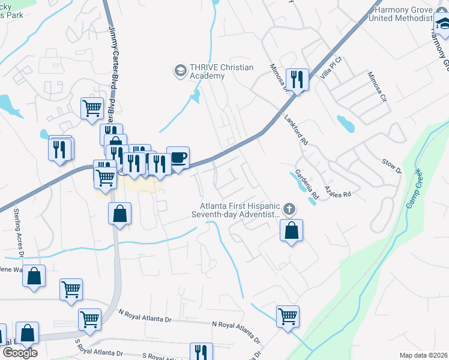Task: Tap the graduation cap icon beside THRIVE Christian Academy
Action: coord(179,71)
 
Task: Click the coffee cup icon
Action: coord(178,158)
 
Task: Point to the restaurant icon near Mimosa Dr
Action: coord(297,79)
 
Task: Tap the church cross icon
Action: coord(289,209)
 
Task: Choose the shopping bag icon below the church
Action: coord(291,230)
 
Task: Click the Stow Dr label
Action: coord(391,166)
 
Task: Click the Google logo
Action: coord(19,353)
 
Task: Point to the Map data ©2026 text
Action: coord(423,355)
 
